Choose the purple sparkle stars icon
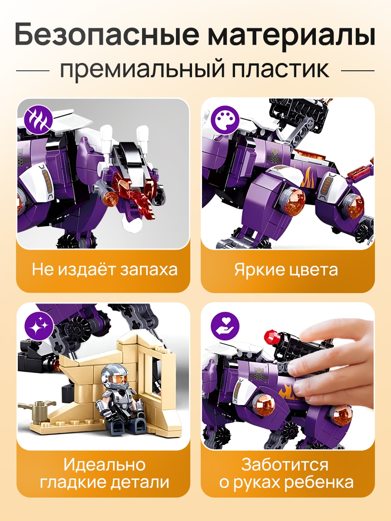[x=39, y=326]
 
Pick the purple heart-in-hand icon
[x=225, y=326]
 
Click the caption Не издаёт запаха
[x=105, y=270]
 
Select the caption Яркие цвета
[x=286, y=270]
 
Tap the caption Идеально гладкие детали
[x=104, y=472]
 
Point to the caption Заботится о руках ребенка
[x=286, y=472]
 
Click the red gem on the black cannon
[x=272, y=336]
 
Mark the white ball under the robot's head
[x=132, y=224]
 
